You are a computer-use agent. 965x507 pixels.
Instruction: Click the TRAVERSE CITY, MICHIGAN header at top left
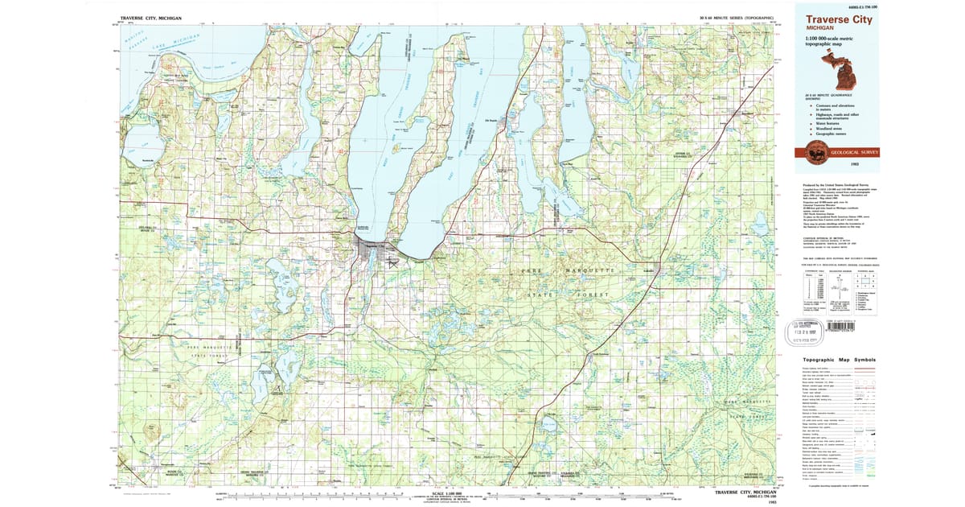[150, 17]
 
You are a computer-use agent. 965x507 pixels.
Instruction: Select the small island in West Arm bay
[396, 148]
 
